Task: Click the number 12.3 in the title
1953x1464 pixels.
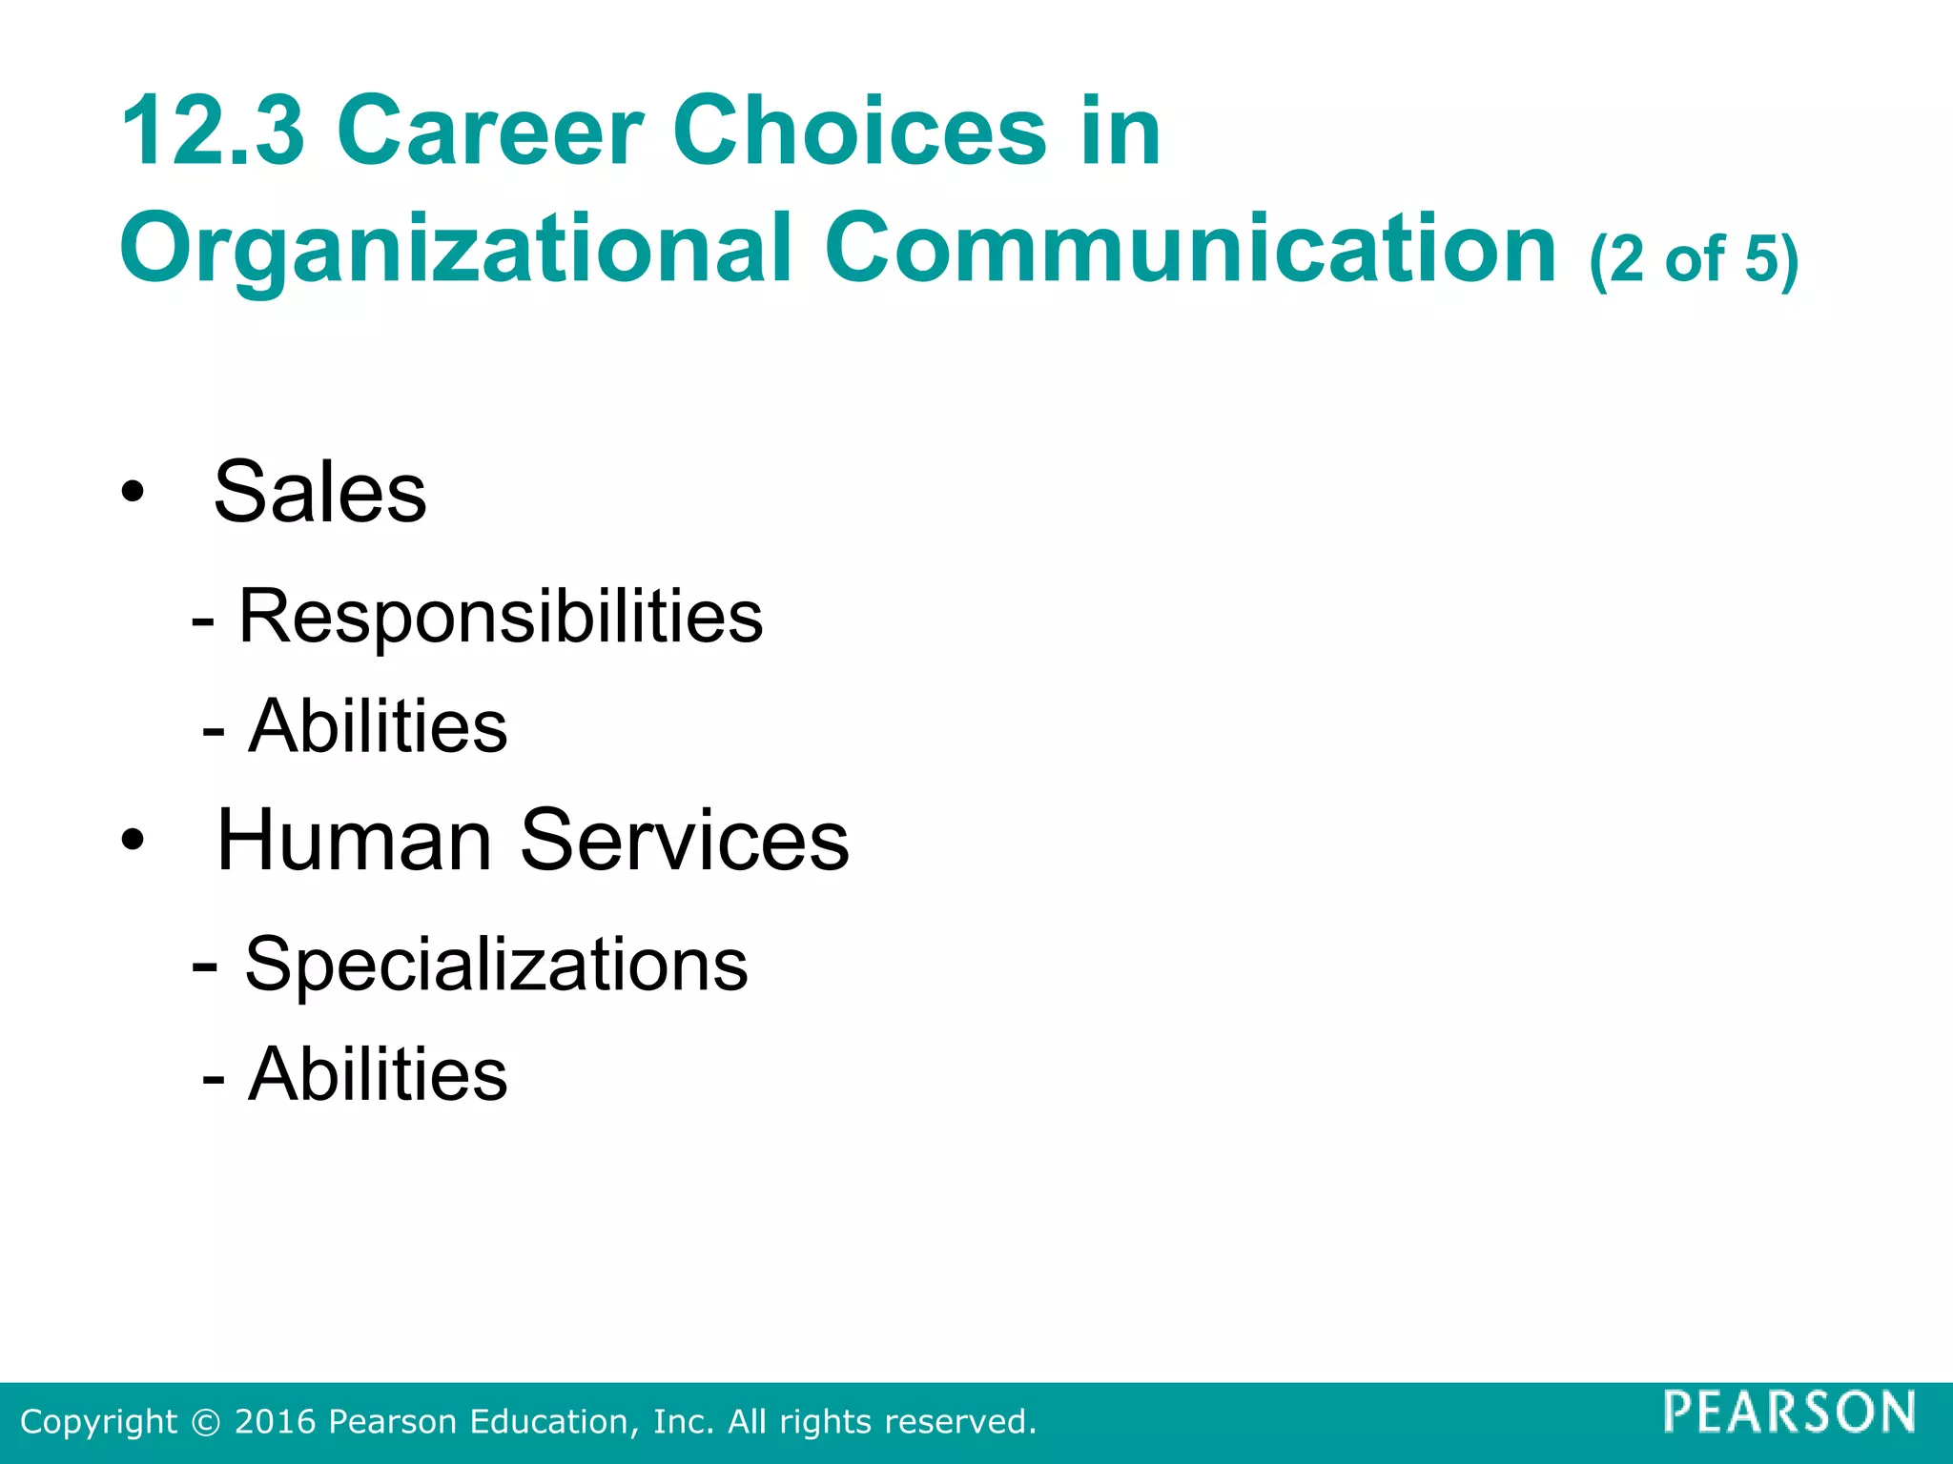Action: [213, 132]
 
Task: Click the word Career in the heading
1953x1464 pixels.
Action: [490, 132]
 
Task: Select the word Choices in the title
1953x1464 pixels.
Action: [859, 132]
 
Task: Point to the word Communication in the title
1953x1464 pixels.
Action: [1191, 248]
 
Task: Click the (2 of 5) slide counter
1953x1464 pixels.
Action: [1694, 259]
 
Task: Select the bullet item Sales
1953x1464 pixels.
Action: [319, 492]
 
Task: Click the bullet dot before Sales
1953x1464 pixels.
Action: [134, 493]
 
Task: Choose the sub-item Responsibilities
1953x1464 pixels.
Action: [501, 616]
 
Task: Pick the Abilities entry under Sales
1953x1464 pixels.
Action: [378, 726]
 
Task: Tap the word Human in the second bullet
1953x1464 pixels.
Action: [354, 840]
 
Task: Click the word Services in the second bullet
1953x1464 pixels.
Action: [685, 840]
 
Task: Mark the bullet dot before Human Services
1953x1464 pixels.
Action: [134, 841]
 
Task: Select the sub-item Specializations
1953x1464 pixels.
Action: [496, 965]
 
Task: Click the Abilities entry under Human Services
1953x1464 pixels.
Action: [378, 1074]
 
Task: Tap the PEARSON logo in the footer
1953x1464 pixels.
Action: [1790, 1412]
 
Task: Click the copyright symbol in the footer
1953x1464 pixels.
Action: [205, 1422]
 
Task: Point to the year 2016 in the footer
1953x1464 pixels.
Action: [276, 1422]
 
